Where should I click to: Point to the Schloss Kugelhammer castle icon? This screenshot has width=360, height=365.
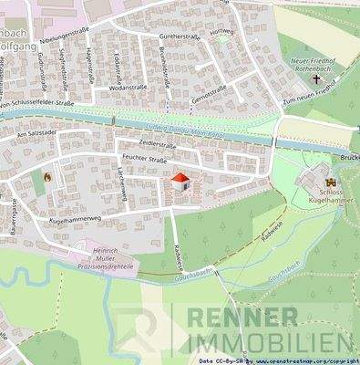tap(326, 185)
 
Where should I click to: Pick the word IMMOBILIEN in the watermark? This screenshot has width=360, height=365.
tap(270, 344)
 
